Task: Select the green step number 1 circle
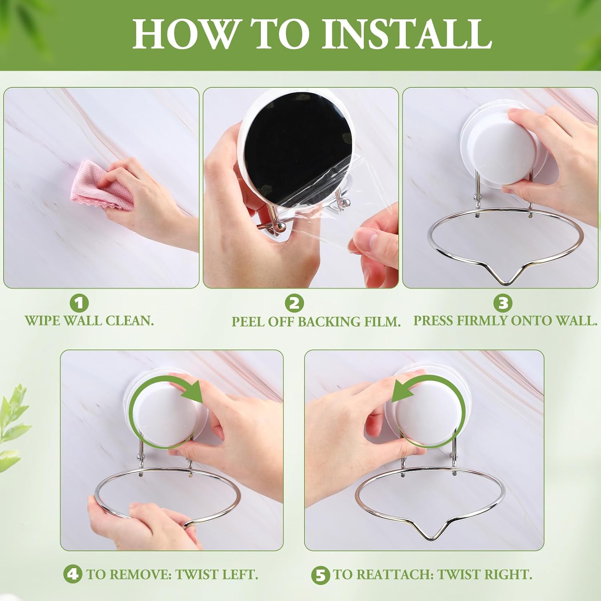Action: (x=79, y=303)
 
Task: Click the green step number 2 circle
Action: (x=294, y=303)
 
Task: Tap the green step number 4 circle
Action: (x=73, y=575)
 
